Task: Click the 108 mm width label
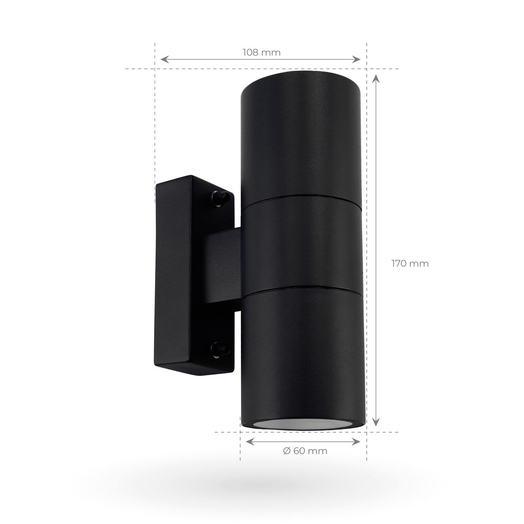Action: [x=261, y=52]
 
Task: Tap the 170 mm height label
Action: [x=410, y=264]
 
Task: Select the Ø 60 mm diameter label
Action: [x=304, y=451]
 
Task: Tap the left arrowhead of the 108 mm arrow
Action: [x=163, y=59]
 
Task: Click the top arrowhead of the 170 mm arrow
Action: [x=376, y=78]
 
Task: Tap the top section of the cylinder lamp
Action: [x=301, y=136]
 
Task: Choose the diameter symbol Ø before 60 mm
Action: [x=286, y=451]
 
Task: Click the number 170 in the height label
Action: [x=401, y=264]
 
